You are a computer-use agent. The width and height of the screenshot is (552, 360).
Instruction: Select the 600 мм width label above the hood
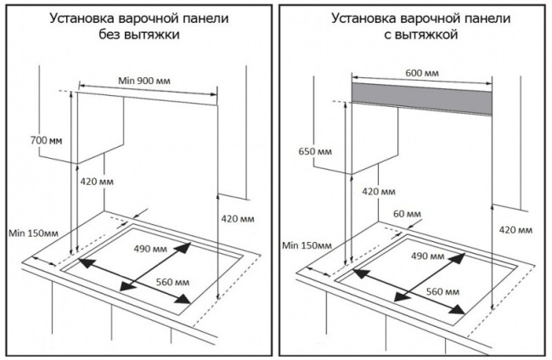coord(422,74)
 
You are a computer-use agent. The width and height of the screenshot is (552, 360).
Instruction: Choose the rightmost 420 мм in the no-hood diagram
coord(237,219)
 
